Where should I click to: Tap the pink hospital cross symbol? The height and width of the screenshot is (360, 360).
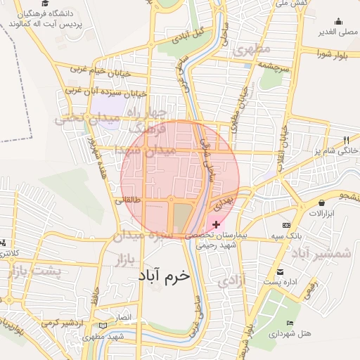click(216, 224)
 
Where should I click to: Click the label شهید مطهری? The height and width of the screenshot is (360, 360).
click(117, 337)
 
